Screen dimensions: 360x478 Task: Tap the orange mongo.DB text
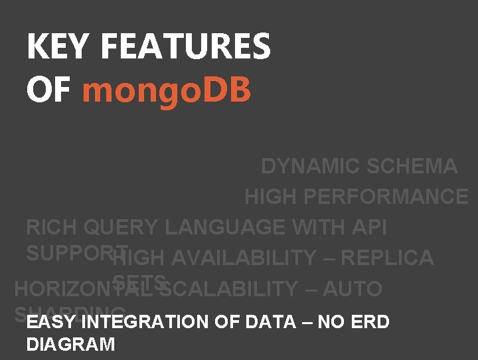click(167, 90)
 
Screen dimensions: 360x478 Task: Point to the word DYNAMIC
click(304, 166)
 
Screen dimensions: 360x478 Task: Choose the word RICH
click(52, 227)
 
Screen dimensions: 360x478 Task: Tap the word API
click(370, 227)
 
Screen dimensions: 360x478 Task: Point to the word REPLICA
click(391, 258)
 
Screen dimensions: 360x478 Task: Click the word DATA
click(270, 322)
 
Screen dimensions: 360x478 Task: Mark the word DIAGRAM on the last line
click(70, 344)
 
